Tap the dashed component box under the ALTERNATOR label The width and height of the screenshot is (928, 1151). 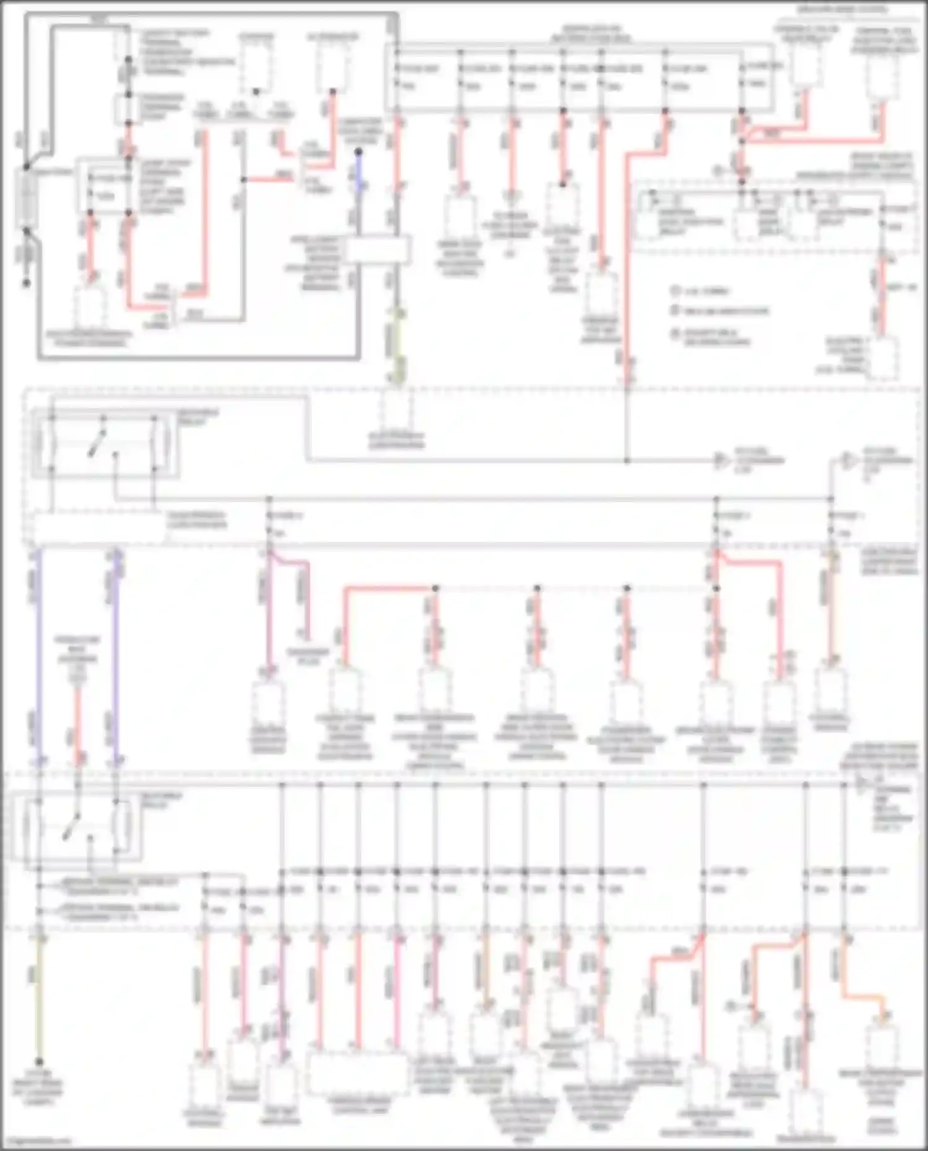[x=332, y=68]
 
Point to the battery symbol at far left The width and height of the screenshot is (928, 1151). [x=27, y=198]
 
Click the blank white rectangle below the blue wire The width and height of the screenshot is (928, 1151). [x=377, y=250]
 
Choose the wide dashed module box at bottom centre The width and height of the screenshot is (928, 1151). [x=358, y=1075]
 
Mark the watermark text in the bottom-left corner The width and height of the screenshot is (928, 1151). [x=37, y=1142]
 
